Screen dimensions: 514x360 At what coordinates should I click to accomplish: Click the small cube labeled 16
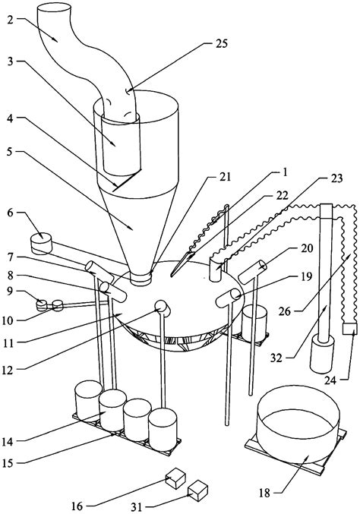176,477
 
